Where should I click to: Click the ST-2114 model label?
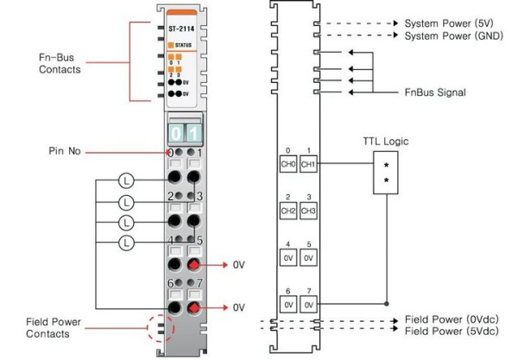(x=181, y=28)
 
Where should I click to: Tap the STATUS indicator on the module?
(x=185, y=42)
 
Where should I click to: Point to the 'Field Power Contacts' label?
(x=54, y=327)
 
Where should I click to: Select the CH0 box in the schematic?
(x=288, y=163)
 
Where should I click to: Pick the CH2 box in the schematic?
(x=288, y=210)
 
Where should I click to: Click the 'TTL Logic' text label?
(x=385, y=141)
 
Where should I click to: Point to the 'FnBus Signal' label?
(x=435, y=92)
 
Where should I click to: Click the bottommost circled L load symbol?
(x=126, y=243)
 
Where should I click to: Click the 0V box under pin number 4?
(x=288, y=257)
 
